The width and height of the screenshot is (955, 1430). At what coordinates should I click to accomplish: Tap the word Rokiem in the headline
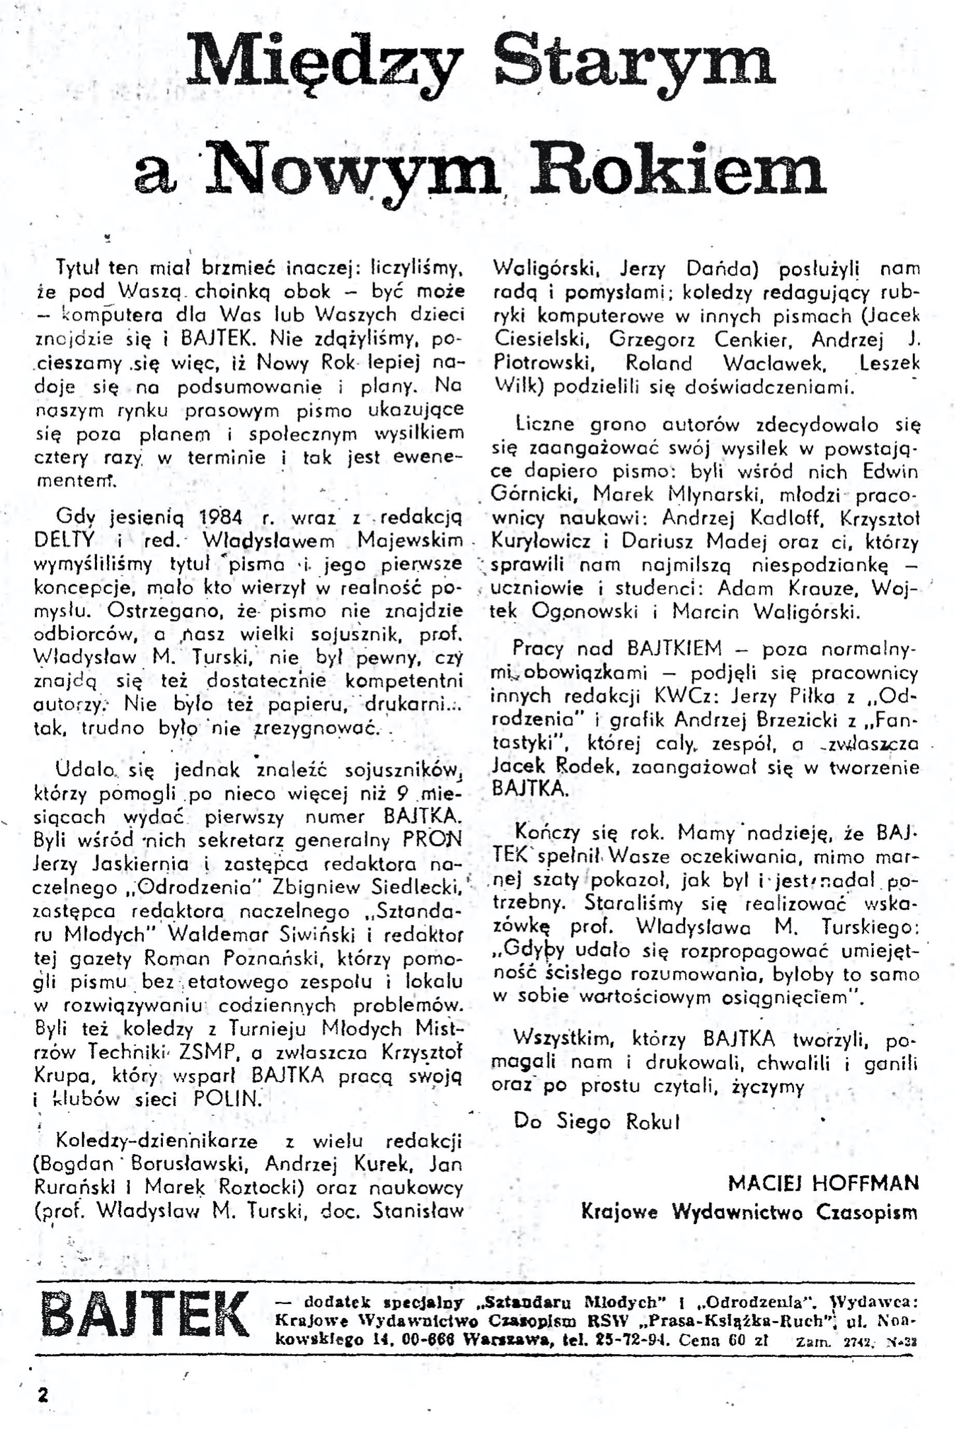coord(680,168)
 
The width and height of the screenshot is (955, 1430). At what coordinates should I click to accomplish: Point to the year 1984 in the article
coord(218,516)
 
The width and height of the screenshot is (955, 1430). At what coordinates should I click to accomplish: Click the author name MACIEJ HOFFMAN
coord(823,1183)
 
